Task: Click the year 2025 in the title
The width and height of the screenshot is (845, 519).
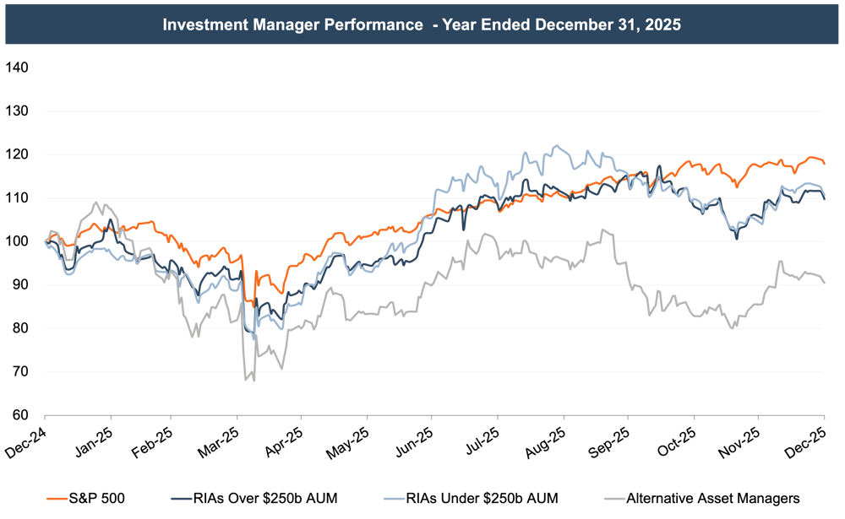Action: coord(662,24)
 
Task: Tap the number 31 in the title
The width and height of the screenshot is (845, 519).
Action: coord(626,24)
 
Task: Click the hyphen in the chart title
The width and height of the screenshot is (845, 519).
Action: coord(434,24)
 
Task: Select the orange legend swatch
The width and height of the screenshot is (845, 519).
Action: coord(57,499)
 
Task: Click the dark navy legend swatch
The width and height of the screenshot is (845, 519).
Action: coord(181,499)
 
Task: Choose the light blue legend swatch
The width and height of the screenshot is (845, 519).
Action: coord(394,499)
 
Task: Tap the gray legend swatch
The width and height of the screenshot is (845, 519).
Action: coord(614,499)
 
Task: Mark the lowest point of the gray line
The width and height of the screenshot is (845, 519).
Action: coord(252,381)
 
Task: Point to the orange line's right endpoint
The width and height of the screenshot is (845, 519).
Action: coord(824,162)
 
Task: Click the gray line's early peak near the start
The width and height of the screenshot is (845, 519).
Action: coord(95,203)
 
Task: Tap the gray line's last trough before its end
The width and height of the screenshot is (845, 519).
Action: coord(733,326)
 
